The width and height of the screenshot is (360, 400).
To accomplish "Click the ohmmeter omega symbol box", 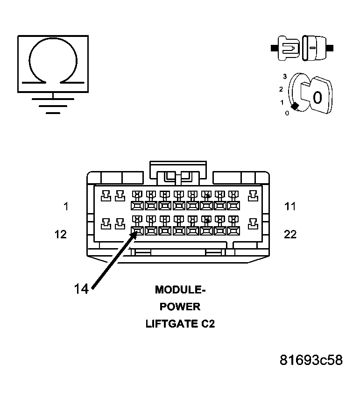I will (x=53, y=63).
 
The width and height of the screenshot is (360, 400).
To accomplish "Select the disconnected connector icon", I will (x=302, y=47).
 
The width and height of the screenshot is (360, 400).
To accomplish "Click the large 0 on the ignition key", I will (x=317, y=98).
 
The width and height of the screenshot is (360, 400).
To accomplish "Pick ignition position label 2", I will (x=281, y=89).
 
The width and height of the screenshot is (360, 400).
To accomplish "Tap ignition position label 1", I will (x=282, y=102).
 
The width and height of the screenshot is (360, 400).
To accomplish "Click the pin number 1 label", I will (x=66, y=206).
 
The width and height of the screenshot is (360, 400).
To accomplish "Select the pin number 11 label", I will (x=290, y=206).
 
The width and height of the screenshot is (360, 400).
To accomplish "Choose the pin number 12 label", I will (x=61, y=234).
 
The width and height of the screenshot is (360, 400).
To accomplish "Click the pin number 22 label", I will (x=290, y=234).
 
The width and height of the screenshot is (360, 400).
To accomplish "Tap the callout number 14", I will (x=81, y=289).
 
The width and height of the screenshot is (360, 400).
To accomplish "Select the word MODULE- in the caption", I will (x=180, y=290).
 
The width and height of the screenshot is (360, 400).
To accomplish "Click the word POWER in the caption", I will (x=180, y=307).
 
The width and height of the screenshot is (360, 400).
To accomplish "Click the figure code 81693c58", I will (x=311, y=360).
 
